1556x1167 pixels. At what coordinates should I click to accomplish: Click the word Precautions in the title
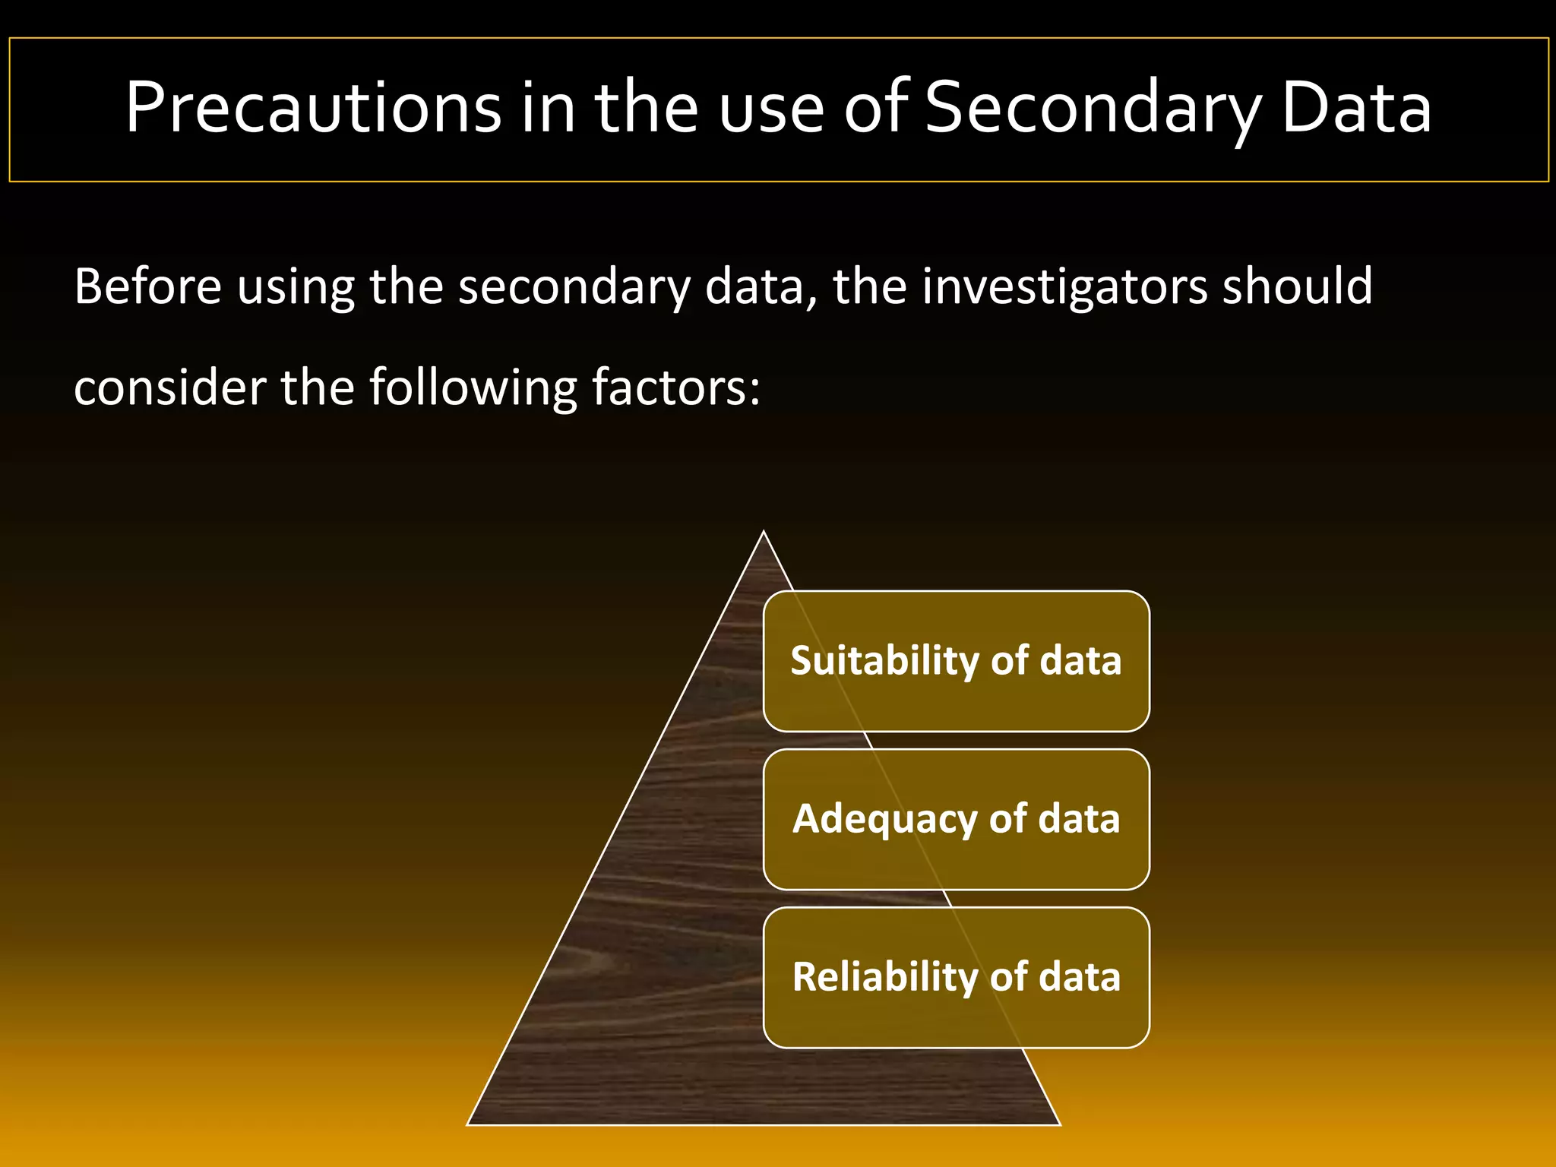click(x=313, y=108)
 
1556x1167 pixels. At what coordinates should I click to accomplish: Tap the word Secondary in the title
click(x=1093, y=108)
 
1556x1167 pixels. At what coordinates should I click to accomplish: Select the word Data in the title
click(x=1356, y=108)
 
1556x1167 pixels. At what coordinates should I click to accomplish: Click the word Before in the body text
click(x=147, y=286)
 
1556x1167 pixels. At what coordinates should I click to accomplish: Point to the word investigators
click(x=1064, y=286)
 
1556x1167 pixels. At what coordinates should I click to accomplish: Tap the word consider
click(x=169, y=387)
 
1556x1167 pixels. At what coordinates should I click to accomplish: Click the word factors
click(x=675, y=387)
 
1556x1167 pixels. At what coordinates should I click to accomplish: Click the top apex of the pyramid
click(x=764, y=533)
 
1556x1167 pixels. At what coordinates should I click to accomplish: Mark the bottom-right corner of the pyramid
click(x=1058, y=1123)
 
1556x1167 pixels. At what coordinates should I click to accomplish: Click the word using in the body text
click(x=296, y=286)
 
